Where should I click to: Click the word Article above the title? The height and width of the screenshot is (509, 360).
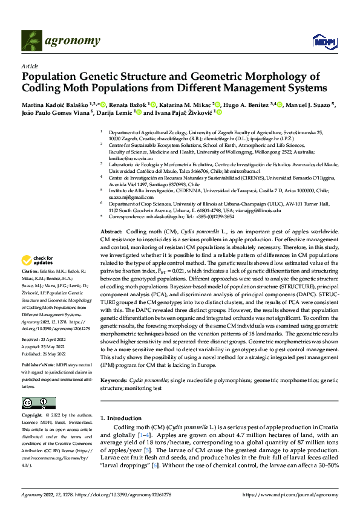click(x=29, y=65)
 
